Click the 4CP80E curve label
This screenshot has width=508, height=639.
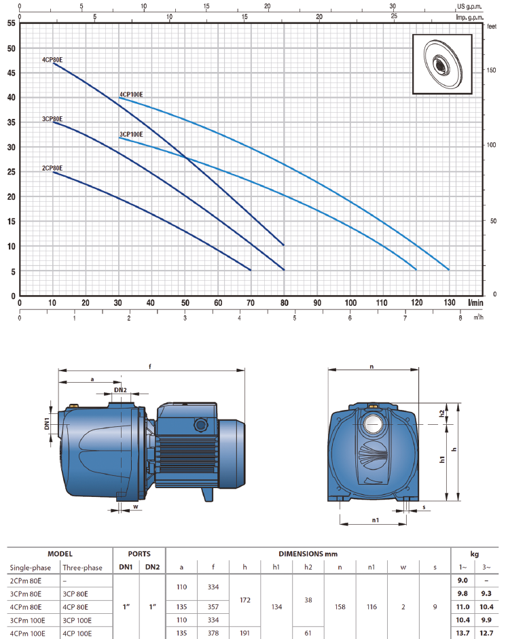tap(52, 60)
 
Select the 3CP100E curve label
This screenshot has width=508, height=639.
tap(131, 134)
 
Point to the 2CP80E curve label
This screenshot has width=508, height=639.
tap(52, 168)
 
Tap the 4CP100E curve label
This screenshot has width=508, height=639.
tap(131, 94)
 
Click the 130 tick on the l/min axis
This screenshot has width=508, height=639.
tap(450, 303)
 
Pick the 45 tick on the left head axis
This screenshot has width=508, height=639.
tap(12, 73)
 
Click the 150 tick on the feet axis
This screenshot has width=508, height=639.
tap(491, 70)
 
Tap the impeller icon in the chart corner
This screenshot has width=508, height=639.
tap(443, 65)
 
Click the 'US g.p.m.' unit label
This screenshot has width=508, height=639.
tap(469, 7)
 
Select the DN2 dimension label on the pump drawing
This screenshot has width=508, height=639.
tap(120, 390)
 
